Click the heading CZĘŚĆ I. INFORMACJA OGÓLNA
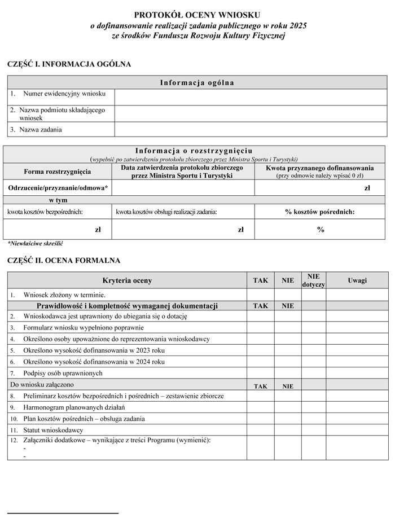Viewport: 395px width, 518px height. tap(69, 64)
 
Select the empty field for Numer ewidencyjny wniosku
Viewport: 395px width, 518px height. tap(251, 96)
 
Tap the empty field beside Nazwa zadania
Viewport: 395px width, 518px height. tap(251, 130)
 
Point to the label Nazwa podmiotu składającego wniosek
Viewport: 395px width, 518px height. tap(58, 113)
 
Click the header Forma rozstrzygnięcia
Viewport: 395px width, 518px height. tap(58, 172)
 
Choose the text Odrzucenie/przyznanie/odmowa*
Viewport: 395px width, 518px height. tap(58, 188)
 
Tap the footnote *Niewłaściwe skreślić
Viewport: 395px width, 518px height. tap(35, 244)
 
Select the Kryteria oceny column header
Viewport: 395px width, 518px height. tap(127, 280)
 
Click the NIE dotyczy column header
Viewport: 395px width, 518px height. tap(314, 280)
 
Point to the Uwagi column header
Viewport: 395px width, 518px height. tap(357, 280)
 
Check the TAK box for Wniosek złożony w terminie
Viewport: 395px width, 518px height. tap(260, 295)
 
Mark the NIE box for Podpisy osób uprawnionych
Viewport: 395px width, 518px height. tap(288, 373)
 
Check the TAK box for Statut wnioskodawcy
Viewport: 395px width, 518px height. tap(260, 430)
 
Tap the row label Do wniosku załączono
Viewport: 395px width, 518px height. tap(43, 384)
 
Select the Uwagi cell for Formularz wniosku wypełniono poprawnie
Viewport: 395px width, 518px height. tap(357, 327)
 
